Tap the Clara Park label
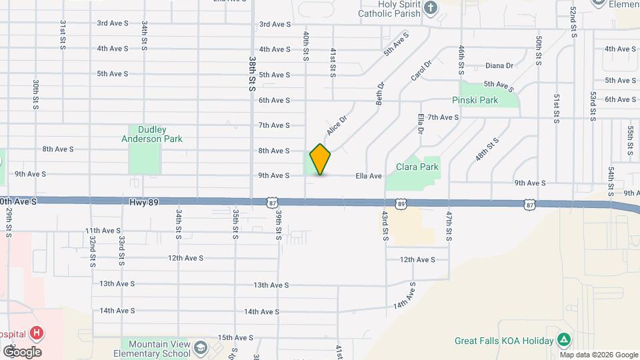coord(417,167)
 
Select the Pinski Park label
coord(475,100)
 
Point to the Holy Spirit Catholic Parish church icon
coord(431,8)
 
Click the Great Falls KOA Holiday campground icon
coord(564,340)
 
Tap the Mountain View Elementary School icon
coord(200,349)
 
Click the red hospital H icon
coord(37,333)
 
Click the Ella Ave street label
coord(368,176)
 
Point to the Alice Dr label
coord(337,125)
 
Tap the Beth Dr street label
coord(381,93)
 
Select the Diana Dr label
coord(499,65)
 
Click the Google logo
coord(21,351)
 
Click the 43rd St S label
coord(385,226)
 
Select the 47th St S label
coord(449,226)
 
